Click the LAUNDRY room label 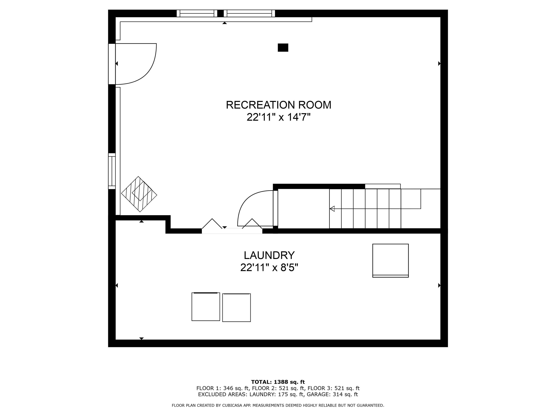click(x=269, y=255)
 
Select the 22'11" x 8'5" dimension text click(x=269, y=268)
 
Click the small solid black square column click(x=283, y=47)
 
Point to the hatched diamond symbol click(x=139, y=194)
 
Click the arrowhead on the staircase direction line click(x=332, y=209)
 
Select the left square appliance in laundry click(x=206, y=306)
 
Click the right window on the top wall click(x=249, y=13)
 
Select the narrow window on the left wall click(x=112, y=171)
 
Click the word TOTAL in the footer click(x=261, y=382)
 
